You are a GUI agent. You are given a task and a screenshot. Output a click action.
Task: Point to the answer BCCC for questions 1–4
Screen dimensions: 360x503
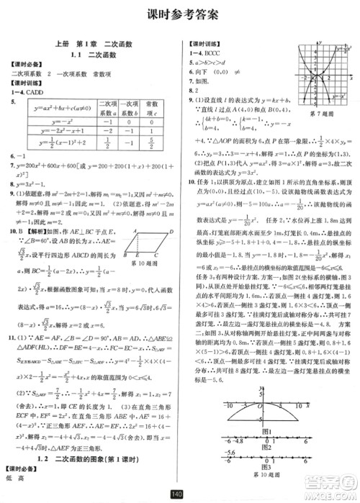(215, 53)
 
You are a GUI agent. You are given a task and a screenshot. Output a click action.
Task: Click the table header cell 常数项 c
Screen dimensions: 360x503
(152, 107)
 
